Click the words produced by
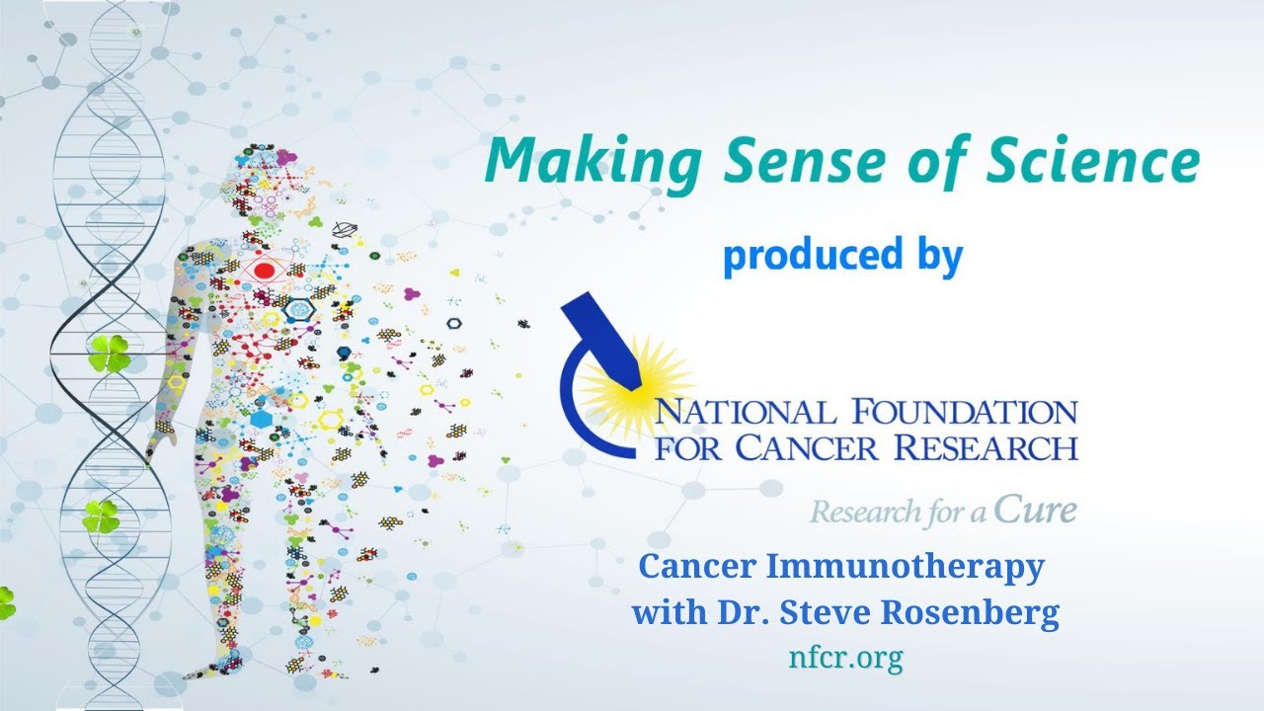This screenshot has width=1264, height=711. tap(842, 255)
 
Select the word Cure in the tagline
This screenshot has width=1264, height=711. tap(1035, 509)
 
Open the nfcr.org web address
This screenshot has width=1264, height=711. tap(845, 659)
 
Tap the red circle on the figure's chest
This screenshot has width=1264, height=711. tap(264, 269)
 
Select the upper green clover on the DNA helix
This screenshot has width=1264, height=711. tap(108, 354)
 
